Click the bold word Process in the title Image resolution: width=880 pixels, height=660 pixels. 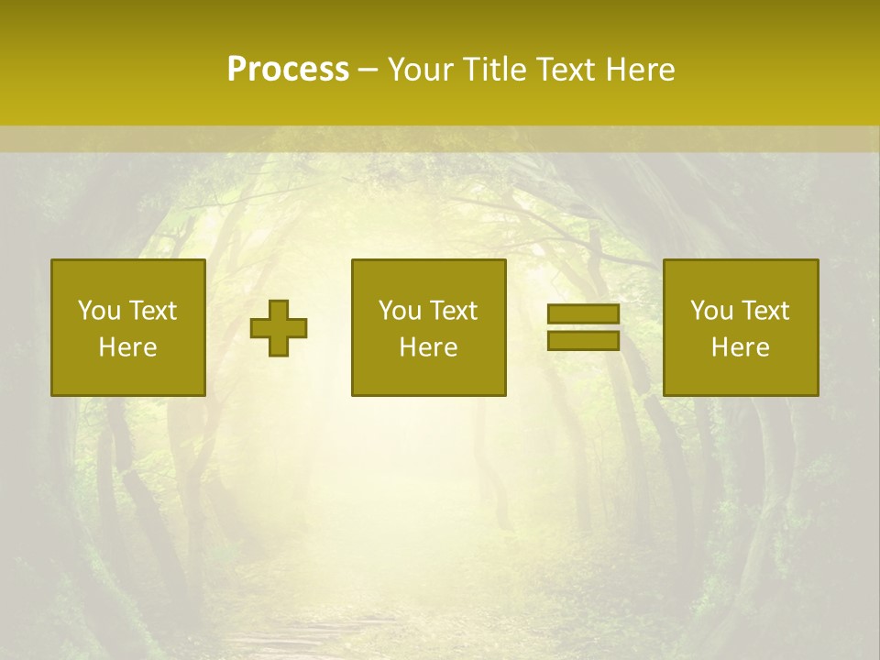(288, 70)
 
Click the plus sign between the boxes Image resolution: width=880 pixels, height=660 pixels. (279, 327)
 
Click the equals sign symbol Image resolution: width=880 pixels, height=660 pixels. (583, 327)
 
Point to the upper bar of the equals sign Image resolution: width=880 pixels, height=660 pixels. (583, 314)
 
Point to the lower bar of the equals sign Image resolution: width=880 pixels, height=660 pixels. (583, 340)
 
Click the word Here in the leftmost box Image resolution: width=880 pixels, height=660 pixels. (128, 347)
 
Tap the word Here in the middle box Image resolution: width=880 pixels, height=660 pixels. (429, 347)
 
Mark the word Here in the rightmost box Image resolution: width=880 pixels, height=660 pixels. (741, 347)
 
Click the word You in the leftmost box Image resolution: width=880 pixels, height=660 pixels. (99, 311)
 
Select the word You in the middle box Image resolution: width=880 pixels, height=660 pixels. (400, 311)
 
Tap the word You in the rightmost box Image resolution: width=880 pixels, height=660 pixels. (711, 311)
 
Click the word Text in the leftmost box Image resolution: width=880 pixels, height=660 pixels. (153, 311)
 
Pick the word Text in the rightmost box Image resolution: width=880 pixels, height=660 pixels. (765, 311)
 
